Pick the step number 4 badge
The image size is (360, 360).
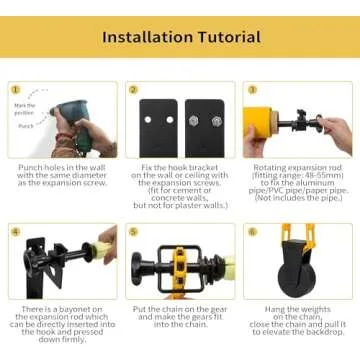tap(15, 231)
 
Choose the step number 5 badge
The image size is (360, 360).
tap(132, 231)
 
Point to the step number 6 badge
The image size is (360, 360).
tap(249, 231)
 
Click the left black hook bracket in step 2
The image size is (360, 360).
tap(157, 127)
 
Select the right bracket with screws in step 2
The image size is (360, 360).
tap(205, 127)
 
